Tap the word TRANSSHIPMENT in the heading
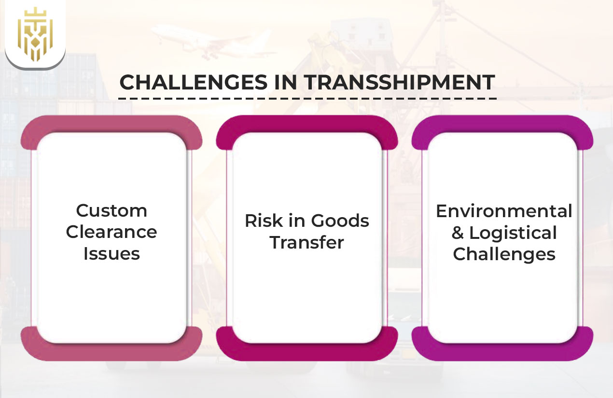click(399, 83)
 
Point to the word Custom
click(111, 211)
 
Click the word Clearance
click(111, 232)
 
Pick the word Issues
click(111, 253)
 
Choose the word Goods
click(340, 221)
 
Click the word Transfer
click(307, 242)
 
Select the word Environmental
click(504, 211)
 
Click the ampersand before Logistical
click(458, 233)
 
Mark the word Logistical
click(513, 233)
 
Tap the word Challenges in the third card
click(504, 254)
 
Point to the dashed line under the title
click(307, 98)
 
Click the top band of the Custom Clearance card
click(111, 125)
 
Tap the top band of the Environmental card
click(502, 125)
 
